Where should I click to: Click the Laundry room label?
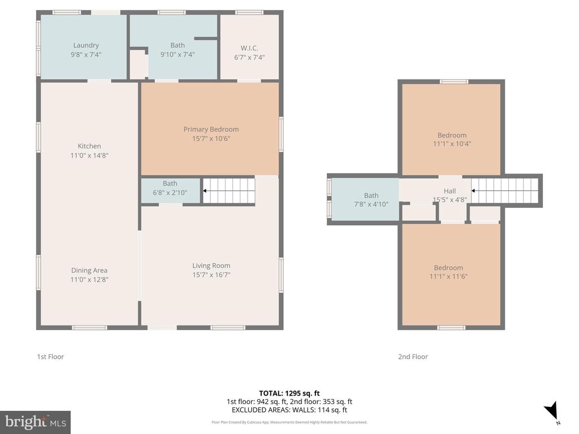tap(86, 45)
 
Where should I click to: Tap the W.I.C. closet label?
tap(249, 48)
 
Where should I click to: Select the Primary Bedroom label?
tap(211, 129)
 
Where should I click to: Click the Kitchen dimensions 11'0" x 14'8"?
tap(89, 155)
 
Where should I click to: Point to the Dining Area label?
tap(89, 270)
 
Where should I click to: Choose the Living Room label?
tap(211, 266)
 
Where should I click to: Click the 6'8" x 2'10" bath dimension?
tap(170, 192)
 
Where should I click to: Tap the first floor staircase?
tap(228, 191)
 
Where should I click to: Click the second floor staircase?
tap(504, 191)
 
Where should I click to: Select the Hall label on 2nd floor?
tap(450, 191)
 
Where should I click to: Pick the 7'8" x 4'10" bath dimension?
tap(371, 205)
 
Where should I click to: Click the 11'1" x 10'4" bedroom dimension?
tap(452, 144)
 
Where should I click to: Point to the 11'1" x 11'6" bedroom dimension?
tap(448, 276)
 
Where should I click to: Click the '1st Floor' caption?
tap(50, 357)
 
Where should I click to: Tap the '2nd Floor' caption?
tap(413, 357)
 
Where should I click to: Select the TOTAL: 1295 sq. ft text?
tap(289, 393)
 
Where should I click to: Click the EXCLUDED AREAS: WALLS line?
tap(289, 410)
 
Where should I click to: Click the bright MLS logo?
tap(35, 422)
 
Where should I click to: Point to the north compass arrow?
tap(552, 411)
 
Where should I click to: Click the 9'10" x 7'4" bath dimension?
tap(178, 54)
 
